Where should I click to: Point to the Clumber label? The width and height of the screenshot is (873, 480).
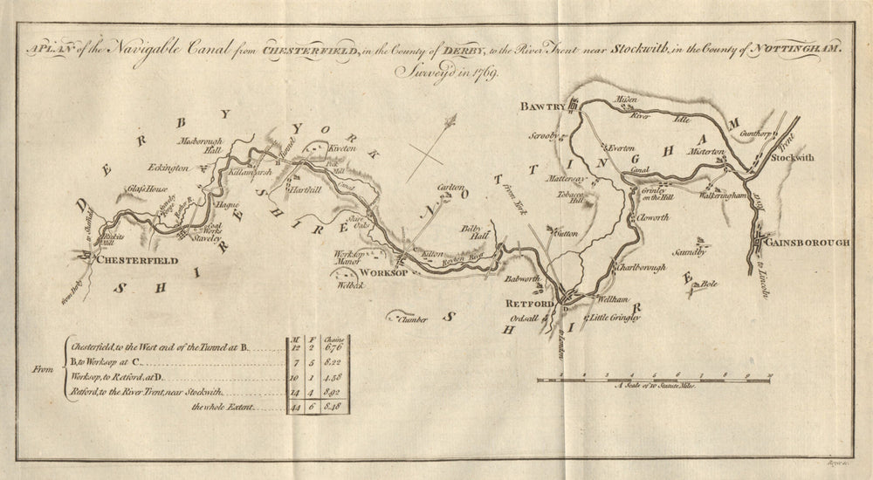click(412, 319)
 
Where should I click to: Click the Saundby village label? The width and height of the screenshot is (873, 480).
click(688, 251)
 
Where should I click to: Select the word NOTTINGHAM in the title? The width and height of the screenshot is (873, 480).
click(797, 51)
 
